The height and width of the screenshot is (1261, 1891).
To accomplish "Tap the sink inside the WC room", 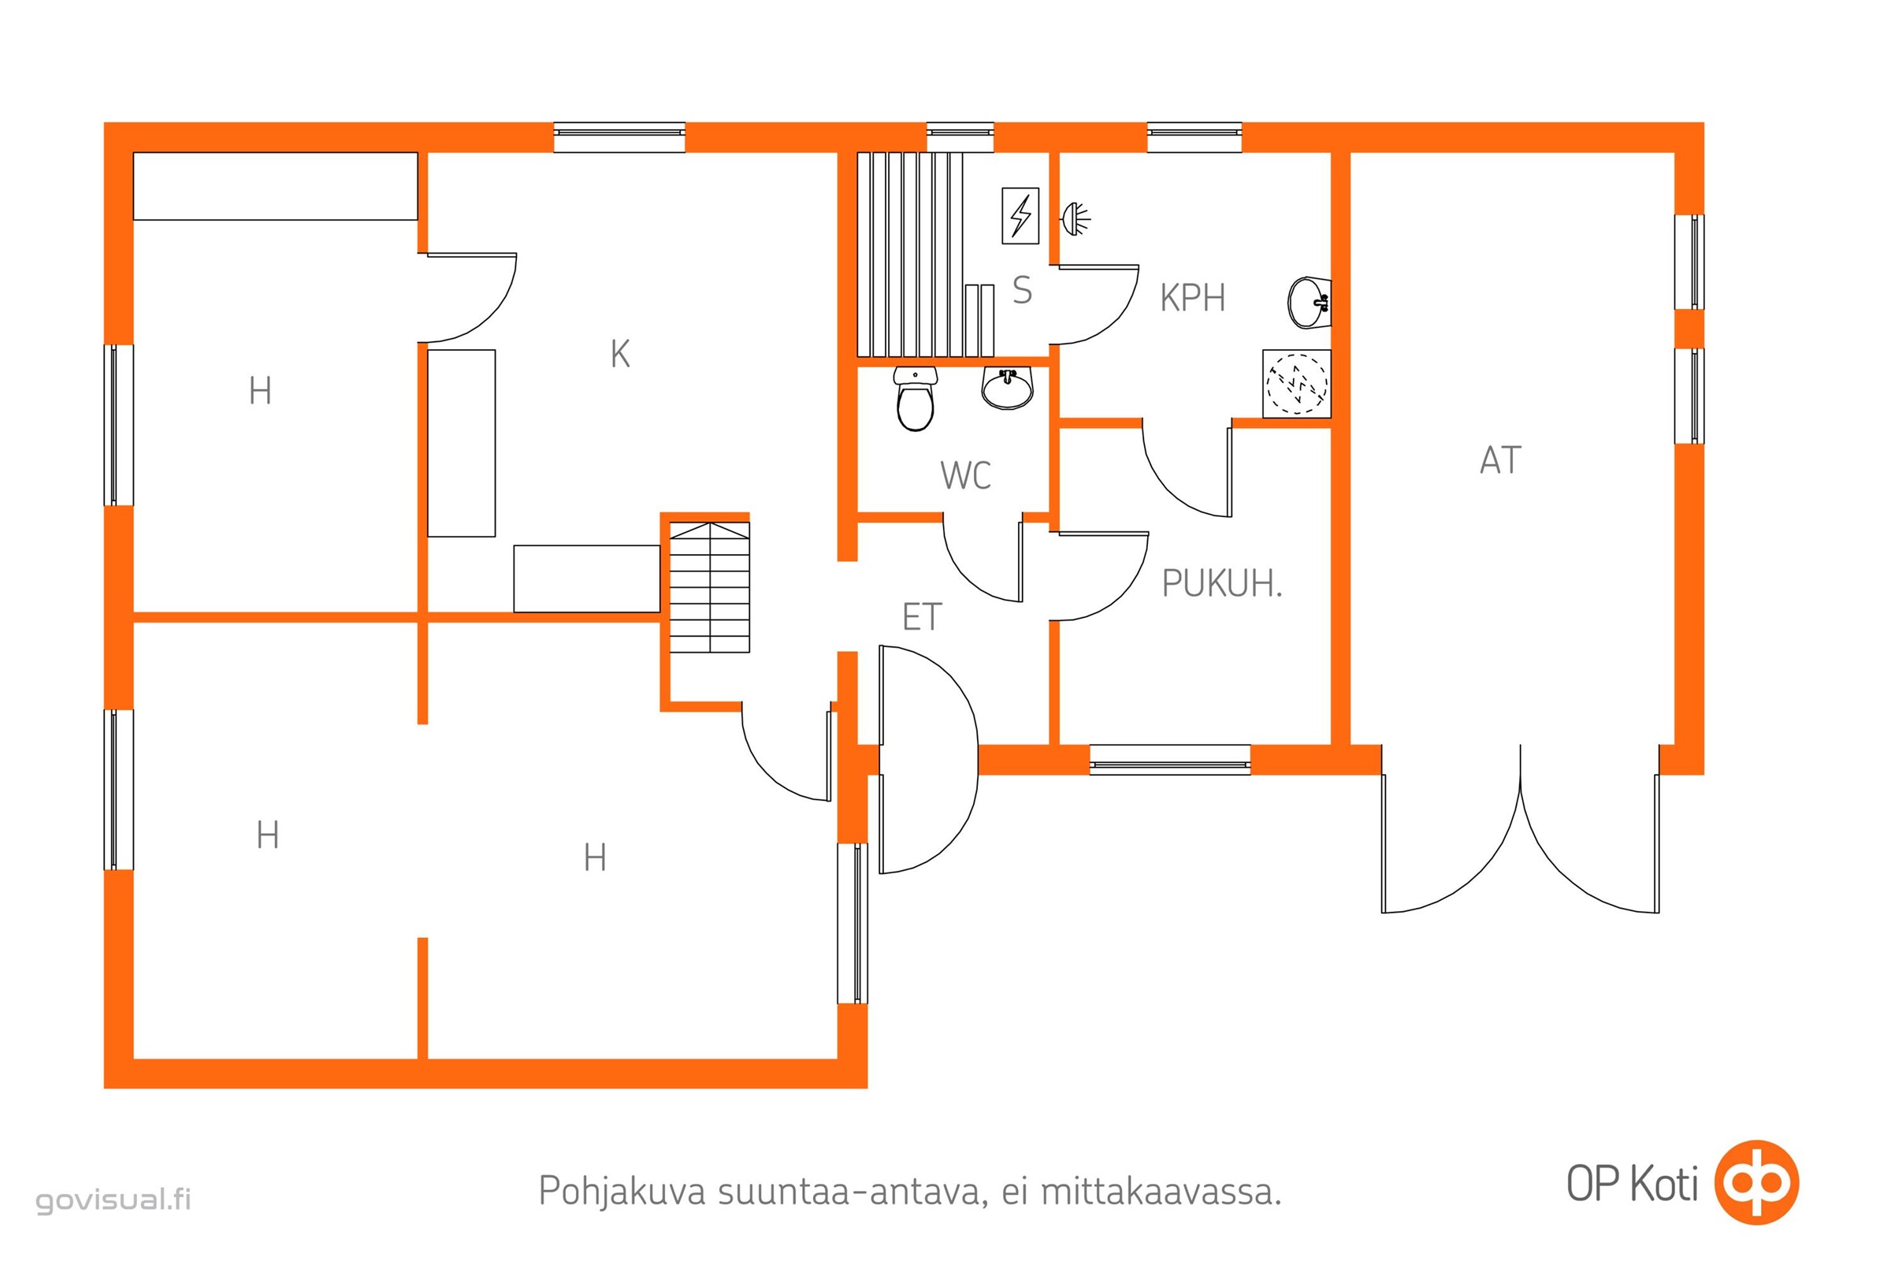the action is click(x=1008, y=389).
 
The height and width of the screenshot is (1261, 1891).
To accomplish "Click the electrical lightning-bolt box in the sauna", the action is click(x=1020, y=215).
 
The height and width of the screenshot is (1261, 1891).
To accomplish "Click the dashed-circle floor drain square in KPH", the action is click(x=1297, y=384).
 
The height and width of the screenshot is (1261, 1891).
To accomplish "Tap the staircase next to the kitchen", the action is click(x=710, y=587).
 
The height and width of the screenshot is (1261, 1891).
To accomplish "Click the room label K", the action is click(x=620, y=354).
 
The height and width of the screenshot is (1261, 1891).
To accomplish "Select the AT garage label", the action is click(x=1500, y=461).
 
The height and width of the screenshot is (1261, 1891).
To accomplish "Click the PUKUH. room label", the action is click(x=1221, y=584).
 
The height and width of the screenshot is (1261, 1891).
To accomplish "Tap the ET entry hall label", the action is click(x=921, y=618).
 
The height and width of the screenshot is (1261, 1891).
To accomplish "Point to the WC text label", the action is click(x=966, y=475).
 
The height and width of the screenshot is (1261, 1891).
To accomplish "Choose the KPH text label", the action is click(x=1192, y=299).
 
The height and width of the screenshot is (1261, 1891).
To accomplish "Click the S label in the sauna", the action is click(x=1022, y=290).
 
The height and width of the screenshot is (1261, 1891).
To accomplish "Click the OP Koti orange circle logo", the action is click(x=1757, y=1182).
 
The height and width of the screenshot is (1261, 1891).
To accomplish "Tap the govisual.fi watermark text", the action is click(x=113, y=1200).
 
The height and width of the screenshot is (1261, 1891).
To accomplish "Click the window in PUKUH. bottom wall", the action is click(x=1170, y=760).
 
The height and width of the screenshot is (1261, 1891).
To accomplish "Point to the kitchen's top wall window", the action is click(x=619, y=137).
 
